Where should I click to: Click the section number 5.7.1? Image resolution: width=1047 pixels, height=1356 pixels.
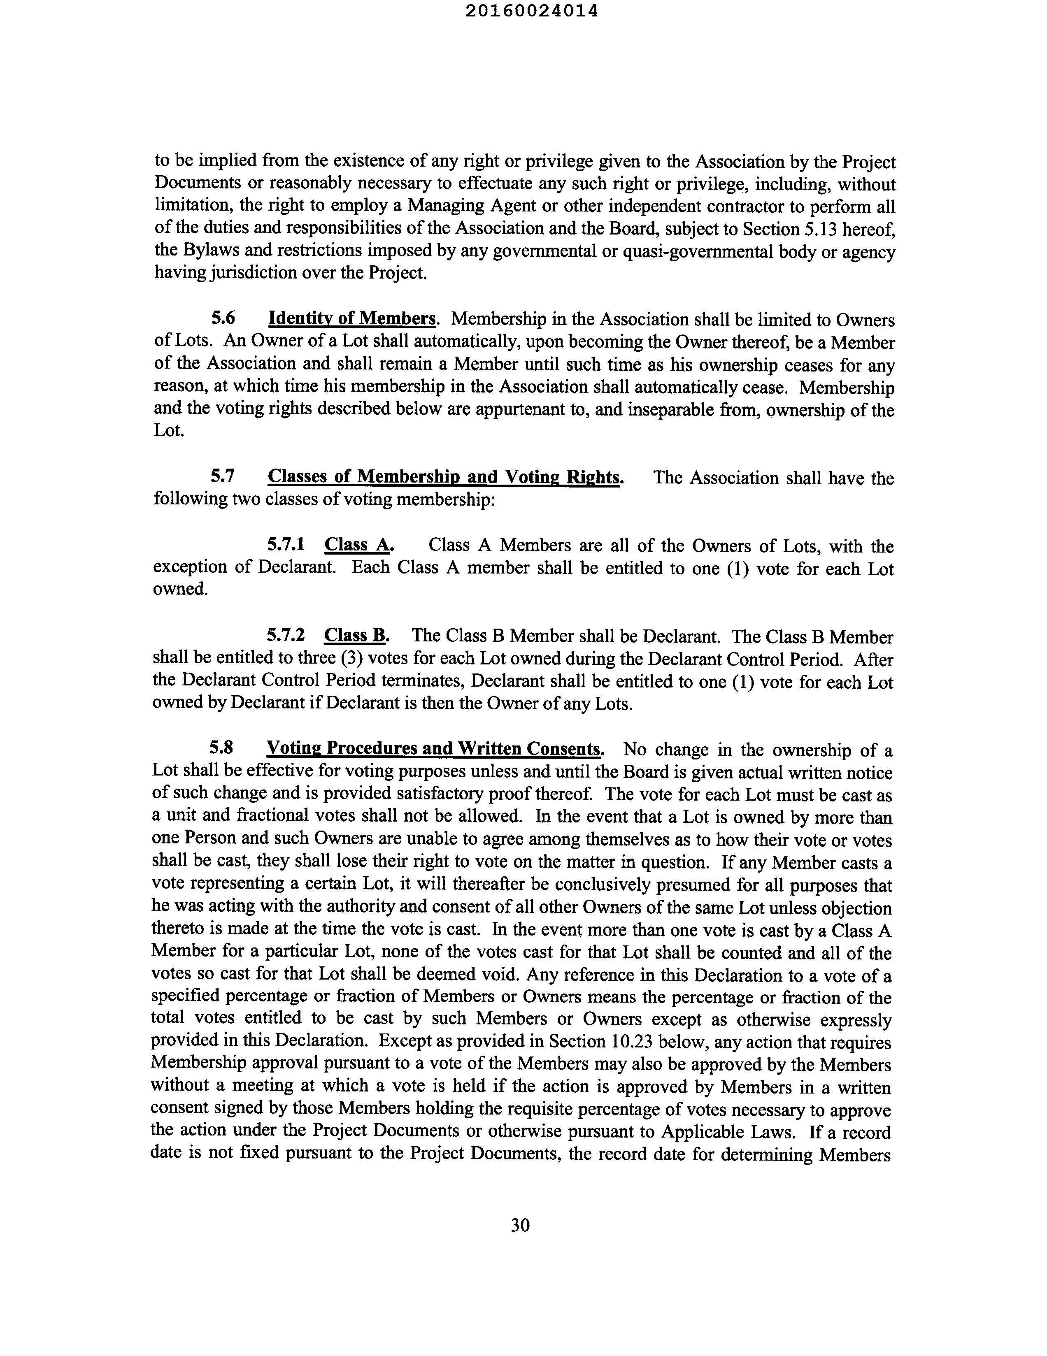pos(286,545)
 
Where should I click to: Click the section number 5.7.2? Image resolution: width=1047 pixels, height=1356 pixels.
pos(286,635)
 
